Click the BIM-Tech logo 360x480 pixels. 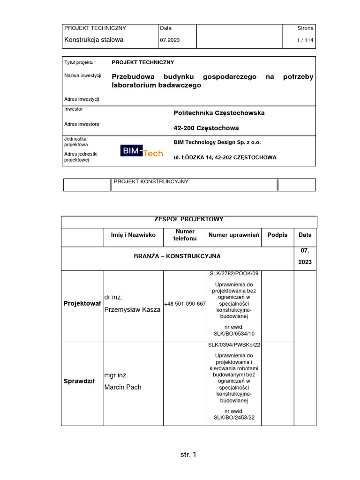(x=142, y=151)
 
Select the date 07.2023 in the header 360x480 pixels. (x=170, y=40)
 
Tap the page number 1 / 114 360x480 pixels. (x=305, y=40)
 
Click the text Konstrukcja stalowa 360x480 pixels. (x=94, y=40)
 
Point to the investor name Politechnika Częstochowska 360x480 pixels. (x=219, y=113)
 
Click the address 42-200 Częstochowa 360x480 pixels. (x=206, y=128)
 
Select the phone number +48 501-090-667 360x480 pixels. (x=185, y=304)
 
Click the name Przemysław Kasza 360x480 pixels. (x=132, y=310)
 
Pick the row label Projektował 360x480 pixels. (x=82, y=304)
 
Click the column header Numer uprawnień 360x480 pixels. (x=234, y=235)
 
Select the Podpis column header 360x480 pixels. (x=277, y=235)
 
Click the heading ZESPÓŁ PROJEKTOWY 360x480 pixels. (x=189, y=219)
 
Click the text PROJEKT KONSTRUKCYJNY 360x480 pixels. (x=151, y=182)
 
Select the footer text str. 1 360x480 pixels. (x=188, y=455)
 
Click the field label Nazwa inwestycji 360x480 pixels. (x=82, y=75)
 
